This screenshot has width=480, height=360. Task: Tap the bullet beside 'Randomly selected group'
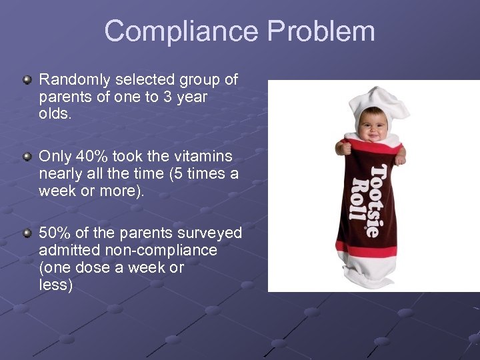coord(27,81)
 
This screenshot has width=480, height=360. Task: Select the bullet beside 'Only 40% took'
coord(27,157)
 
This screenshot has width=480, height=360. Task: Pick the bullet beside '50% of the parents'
coord(27,233)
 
